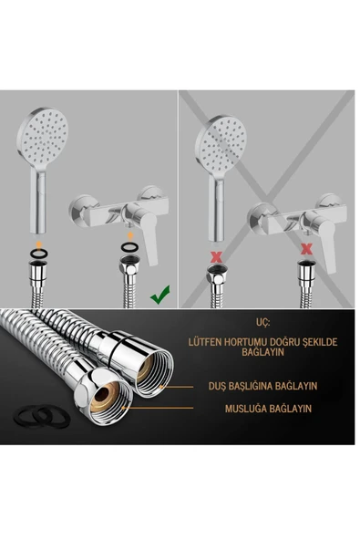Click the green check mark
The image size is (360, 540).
tap(160, 295)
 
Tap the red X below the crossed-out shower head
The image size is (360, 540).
tap(216, 256)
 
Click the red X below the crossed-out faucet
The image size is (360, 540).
tap(306, 249)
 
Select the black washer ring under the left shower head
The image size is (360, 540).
tap(39, 254)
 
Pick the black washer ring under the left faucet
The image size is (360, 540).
tap(129, 247)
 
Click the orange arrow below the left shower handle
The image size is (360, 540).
tap(39, 244)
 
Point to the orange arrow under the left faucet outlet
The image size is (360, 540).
tap(130, 235)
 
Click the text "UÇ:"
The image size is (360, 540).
tap(262, 322)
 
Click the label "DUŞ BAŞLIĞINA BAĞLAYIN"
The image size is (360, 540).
tap(262, 386)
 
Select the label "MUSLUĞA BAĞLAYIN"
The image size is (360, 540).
tap(268, 409)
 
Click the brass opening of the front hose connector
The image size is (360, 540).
tap(106, 396)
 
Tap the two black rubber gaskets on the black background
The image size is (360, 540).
tap(42, 416)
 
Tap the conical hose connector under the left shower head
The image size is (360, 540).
tap(38, 275)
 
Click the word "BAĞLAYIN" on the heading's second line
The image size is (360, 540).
tap(262, 352)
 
